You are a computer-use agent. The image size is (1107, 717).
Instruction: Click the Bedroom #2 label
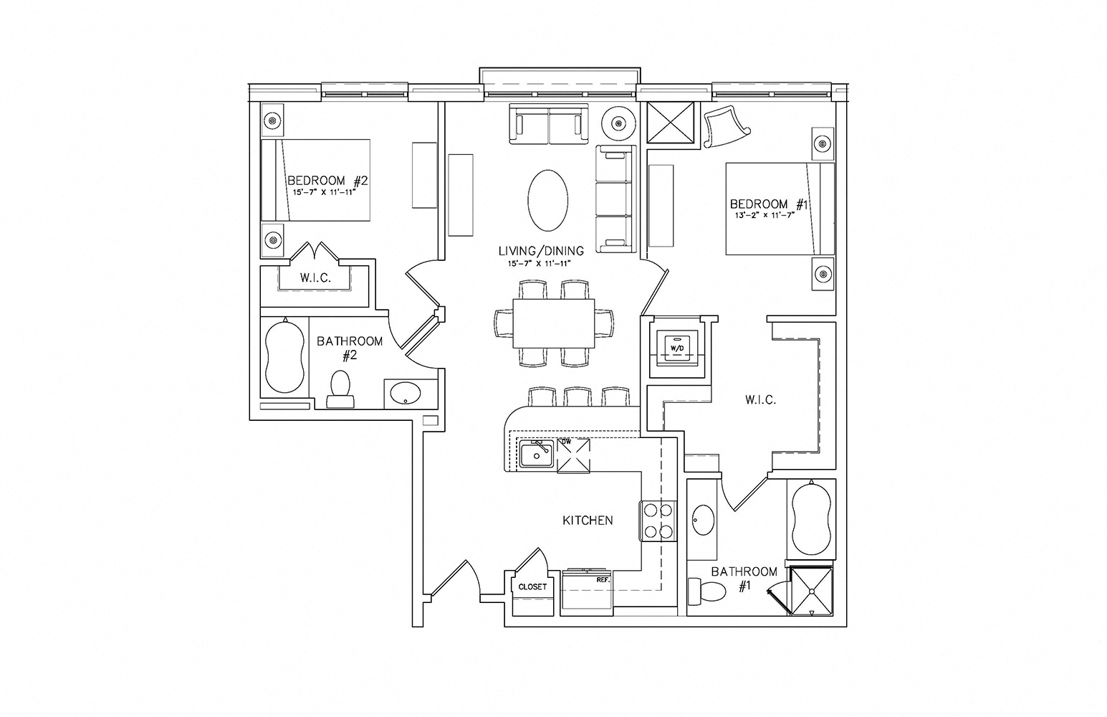327,181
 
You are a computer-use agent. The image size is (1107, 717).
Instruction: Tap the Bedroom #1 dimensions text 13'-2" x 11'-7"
764,215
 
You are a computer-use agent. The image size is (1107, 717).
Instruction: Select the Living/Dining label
541,251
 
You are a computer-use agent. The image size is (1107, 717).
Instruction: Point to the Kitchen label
588,521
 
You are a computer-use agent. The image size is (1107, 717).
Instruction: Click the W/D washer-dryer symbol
676,347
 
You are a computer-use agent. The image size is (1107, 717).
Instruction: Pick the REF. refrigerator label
603,579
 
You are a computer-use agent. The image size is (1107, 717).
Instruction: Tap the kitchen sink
536,455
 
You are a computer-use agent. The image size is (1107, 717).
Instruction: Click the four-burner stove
658,521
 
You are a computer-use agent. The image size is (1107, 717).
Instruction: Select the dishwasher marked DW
573,455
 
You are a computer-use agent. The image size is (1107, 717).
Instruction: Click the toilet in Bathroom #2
340,389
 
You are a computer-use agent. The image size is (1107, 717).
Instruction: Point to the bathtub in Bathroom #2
284,356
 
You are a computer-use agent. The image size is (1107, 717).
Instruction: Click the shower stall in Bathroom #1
811,592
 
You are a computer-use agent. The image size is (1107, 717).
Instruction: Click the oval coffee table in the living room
547,200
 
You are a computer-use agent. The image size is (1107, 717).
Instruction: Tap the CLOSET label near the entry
532,587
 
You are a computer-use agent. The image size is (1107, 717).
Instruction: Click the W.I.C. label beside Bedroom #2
315,278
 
